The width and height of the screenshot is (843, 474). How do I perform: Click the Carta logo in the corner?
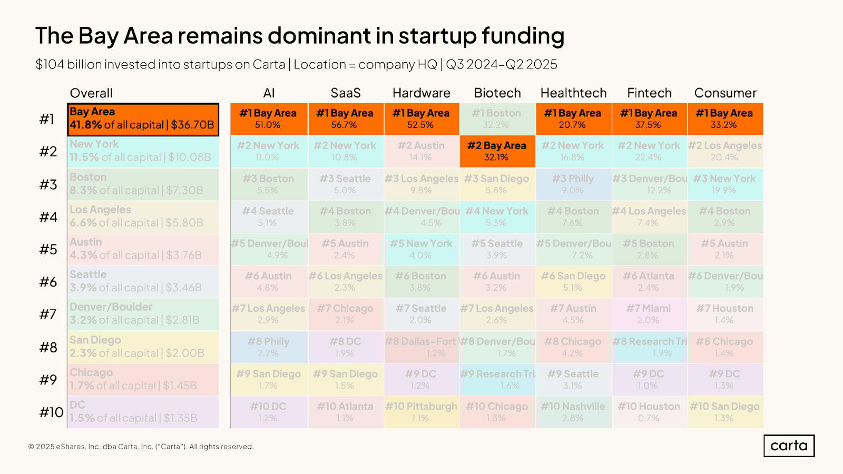pyautogui.click(x=789, y=446)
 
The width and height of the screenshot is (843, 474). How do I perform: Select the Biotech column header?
pyautogui.click(x=497, y=93)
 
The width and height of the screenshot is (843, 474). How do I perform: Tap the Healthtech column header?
pyautogui.click(x=573, y=93)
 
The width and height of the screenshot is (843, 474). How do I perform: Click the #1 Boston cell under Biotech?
pyautogui.click(x=496, y=119)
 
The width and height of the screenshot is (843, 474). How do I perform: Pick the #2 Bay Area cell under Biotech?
pyautogui.click(x=497, y=151)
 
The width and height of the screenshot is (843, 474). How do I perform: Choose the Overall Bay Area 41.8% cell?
pyautogui.click(x=143, y=119)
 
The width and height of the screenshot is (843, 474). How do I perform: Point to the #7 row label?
pyautogui.click(x=48, y=314)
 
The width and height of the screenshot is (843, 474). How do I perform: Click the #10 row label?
pyautogui.click(x=51, y=412)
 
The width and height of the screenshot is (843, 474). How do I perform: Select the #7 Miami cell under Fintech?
pyautogui.click(x=649, y=314)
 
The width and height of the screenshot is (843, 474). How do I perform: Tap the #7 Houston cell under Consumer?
pyautogui.click(x=724, y=314)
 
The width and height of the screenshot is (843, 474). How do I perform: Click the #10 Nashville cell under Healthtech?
pyautogui.click(x=573, y=412)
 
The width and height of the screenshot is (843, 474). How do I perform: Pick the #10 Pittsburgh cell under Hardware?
pyautogui.click(x=421, y=412)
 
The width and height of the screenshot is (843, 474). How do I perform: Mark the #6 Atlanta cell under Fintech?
pyautogui.click(x=649, y=281)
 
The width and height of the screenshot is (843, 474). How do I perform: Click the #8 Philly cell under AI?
pyautogui.click(x=269, y=347)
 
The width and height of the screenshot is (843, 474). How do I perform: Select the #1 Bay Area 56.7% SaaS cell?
pyautogui.click(x=345, y=119)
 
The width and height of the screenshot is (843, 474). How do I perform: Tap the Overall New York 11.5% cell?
pyautogui.click(x=143, y=151)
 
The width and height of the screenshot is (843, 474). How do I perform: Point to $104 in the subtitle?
pyautogui.click(x=50, y=64)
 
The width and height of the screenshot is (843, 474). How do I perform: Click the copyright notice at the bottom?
pyautogui.click(x=141, y=447)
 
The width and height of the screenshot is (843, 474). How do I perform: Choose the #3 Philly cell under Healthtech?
pyautogui.click(x=573, y=184)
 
